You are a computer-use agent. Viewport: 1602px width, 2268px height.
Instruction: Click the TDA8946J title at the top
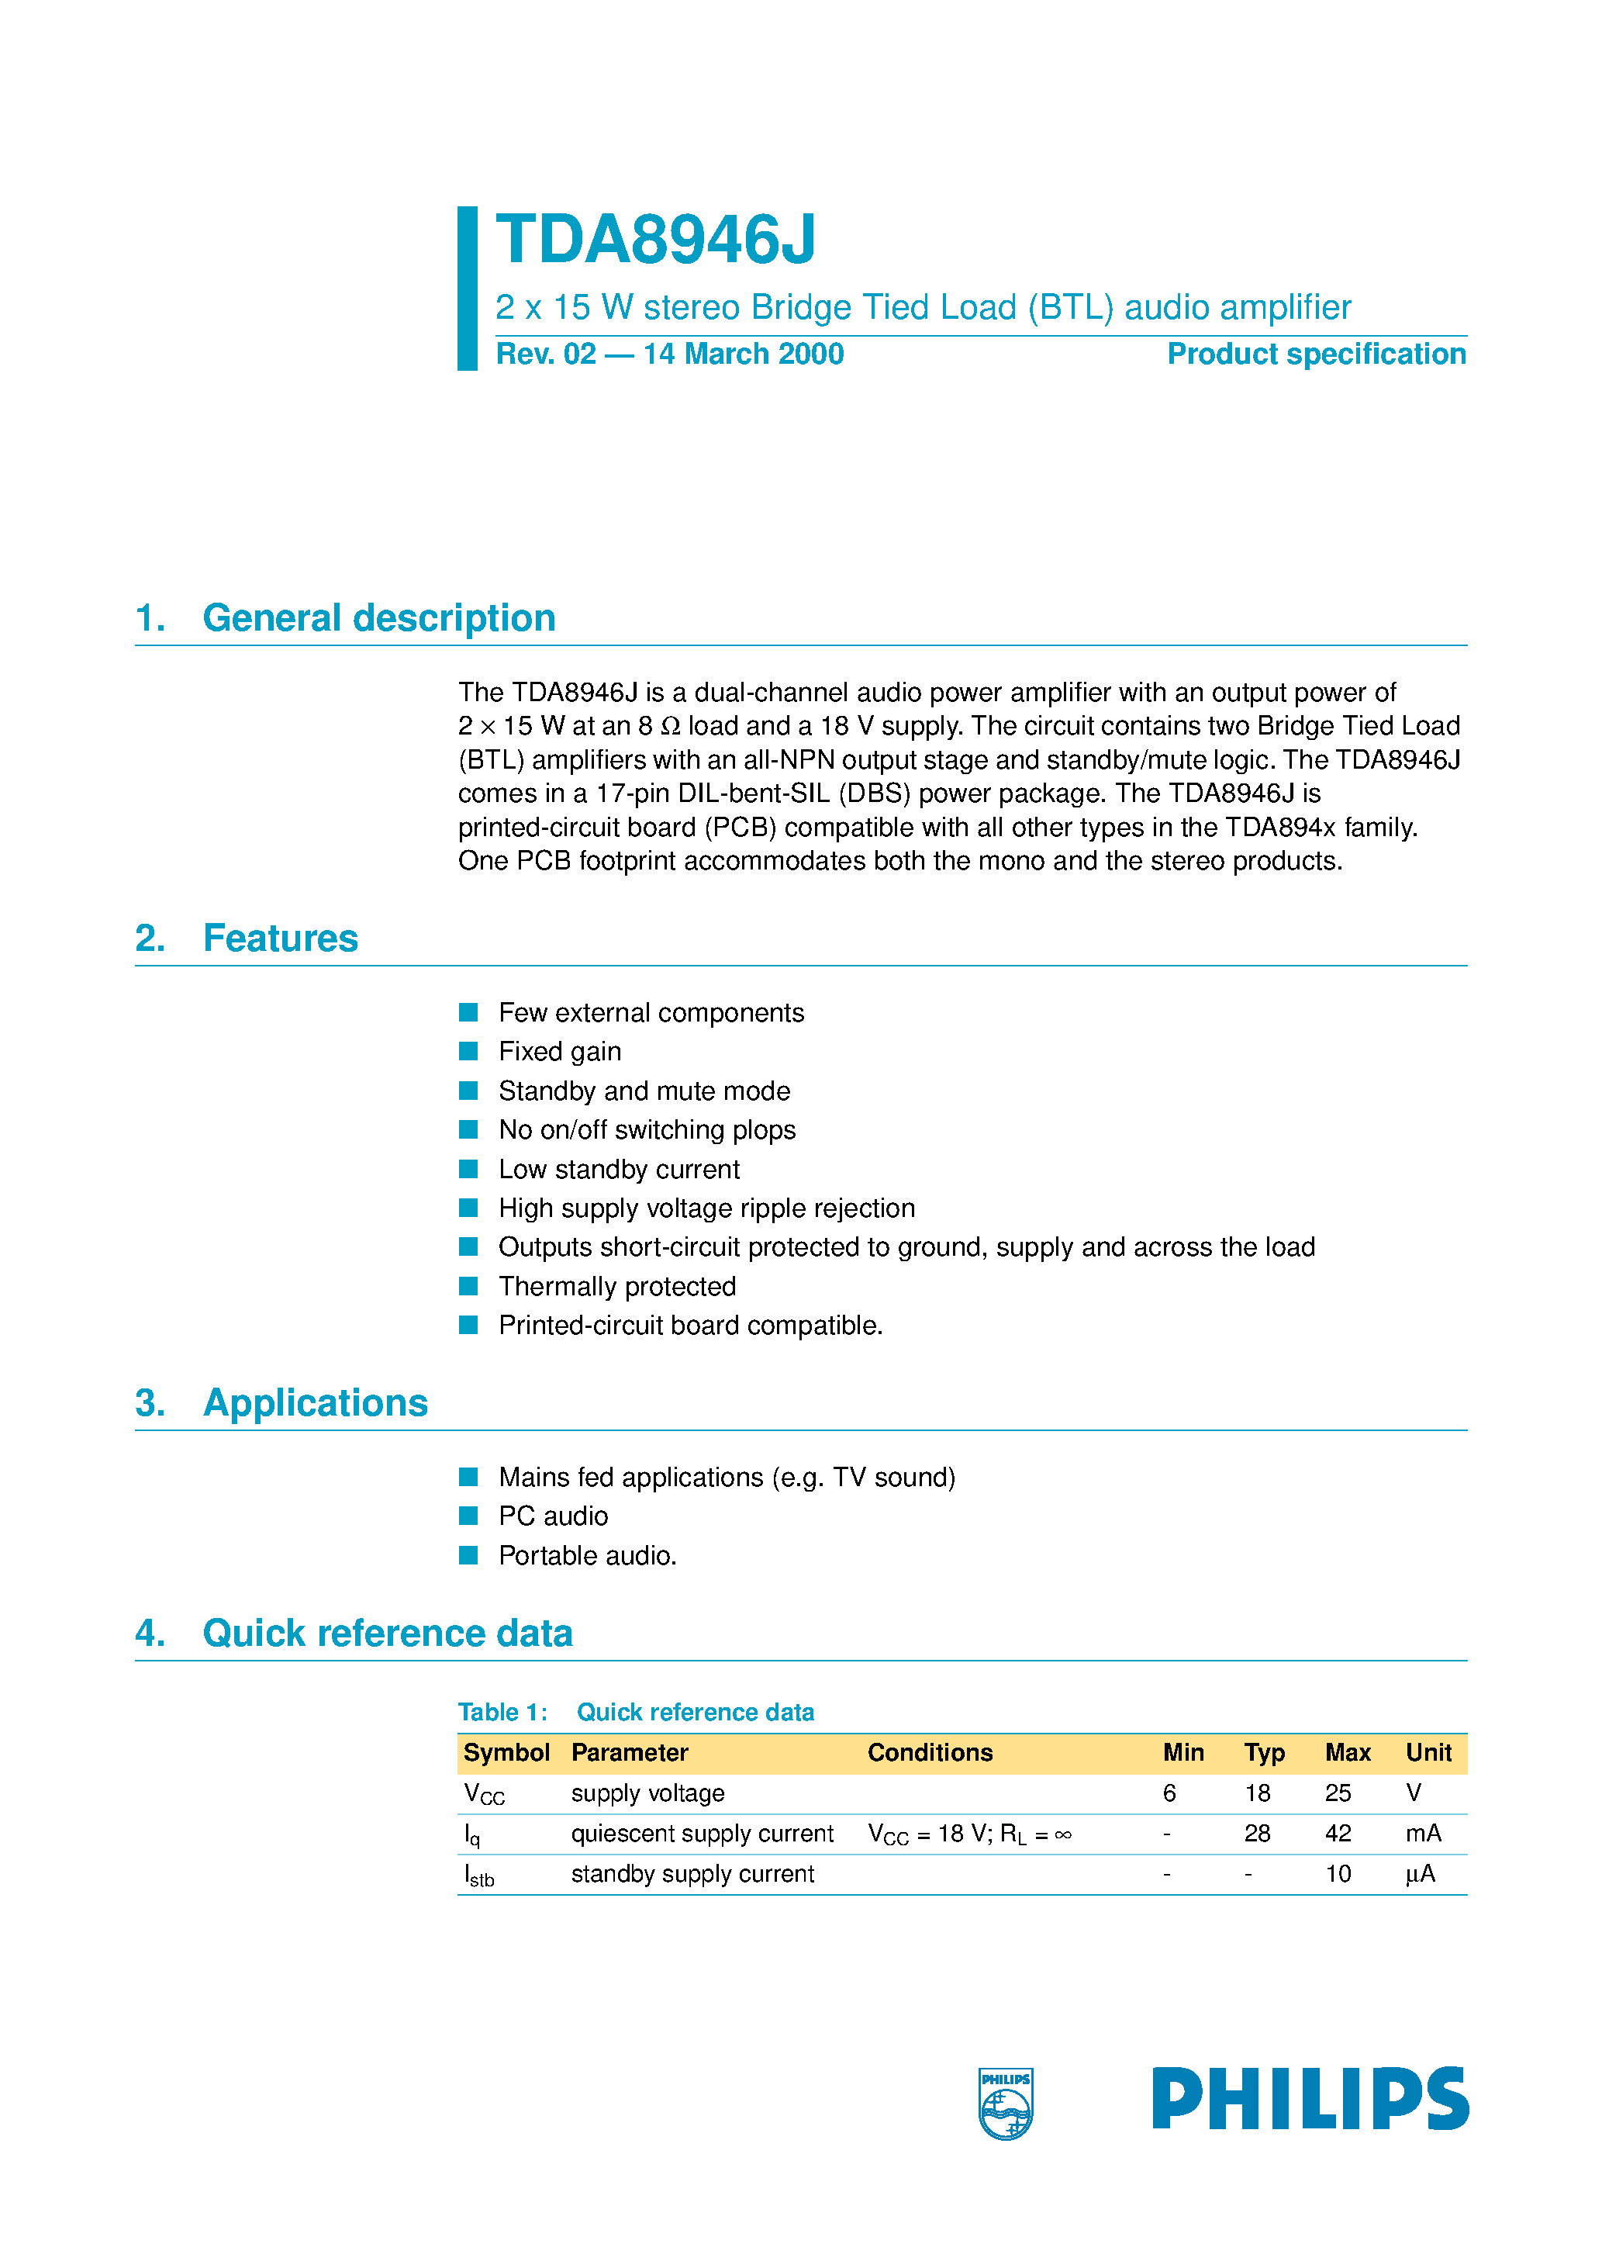(656, 240)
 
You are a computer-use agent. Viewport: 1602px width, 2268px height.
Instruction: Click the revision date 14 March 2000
(743, 354)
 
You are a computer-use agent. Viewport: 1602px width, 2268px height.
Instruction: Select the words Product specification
(1316, 354)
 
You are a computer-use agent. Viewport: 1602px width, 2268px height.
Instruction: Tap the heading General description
(378, 618)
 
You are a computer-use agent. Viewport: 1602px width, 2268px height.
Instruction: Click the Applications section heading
(315, 1402)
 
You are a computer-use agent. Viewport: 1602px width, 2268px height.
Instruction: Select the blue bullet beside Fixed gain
(468, 1051)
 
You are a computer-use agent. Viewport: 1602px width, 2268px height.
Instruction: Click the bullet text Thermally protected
(616, 1286)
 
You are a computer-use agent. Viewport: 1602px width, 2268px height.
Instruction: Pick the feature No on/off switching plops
(646, 1129)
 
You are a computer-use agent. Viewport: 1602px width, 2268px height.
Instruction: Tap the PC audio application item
(552, 1516)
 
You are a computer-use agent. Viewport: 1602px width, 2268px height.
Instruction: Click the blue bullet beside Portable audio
(468, 1555)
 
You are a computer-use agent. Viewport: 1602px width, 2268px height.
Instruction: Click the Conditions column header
(930, 1752)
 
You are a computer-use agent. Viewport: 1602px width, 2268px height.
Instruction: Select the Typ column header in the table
(1263, 1752)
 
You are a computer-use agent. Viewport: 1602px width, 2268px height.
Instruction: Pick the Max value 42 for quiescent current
(1338, 1834)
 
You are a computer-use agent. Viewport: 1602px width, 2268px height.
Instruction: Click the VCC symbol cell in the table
(484, 1794)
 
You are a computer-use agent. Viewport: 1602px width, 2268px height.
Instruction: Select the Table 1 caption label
(502, 1712)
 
